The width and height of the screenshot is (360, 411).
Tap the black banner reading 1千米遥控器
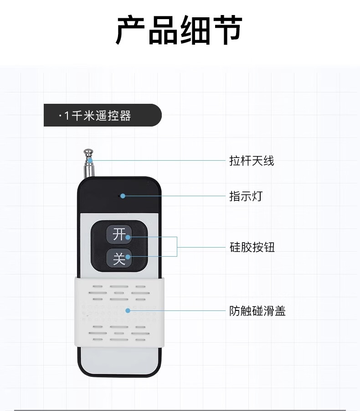[102, 115]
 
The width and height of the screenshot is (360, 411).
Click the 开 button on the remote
[118, 235]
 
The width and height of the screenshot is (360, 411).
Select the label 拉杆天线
[252, 161]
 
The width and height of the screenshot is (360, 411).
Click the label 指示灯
[246, 197]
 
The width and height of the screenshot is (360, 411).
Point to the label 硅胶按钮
[252, 248]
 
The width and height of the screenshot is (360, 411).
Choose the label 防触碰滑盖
[257, 311]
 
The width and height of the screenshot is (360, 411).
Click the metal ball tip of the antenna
[87, 152]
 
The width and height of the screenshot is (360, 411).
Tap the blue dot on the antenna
[91, 160]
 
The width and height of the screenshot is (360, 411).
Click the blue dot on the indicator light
[123, 196]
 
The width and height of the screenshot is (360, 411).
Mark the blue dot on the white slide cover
[128, 311]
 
